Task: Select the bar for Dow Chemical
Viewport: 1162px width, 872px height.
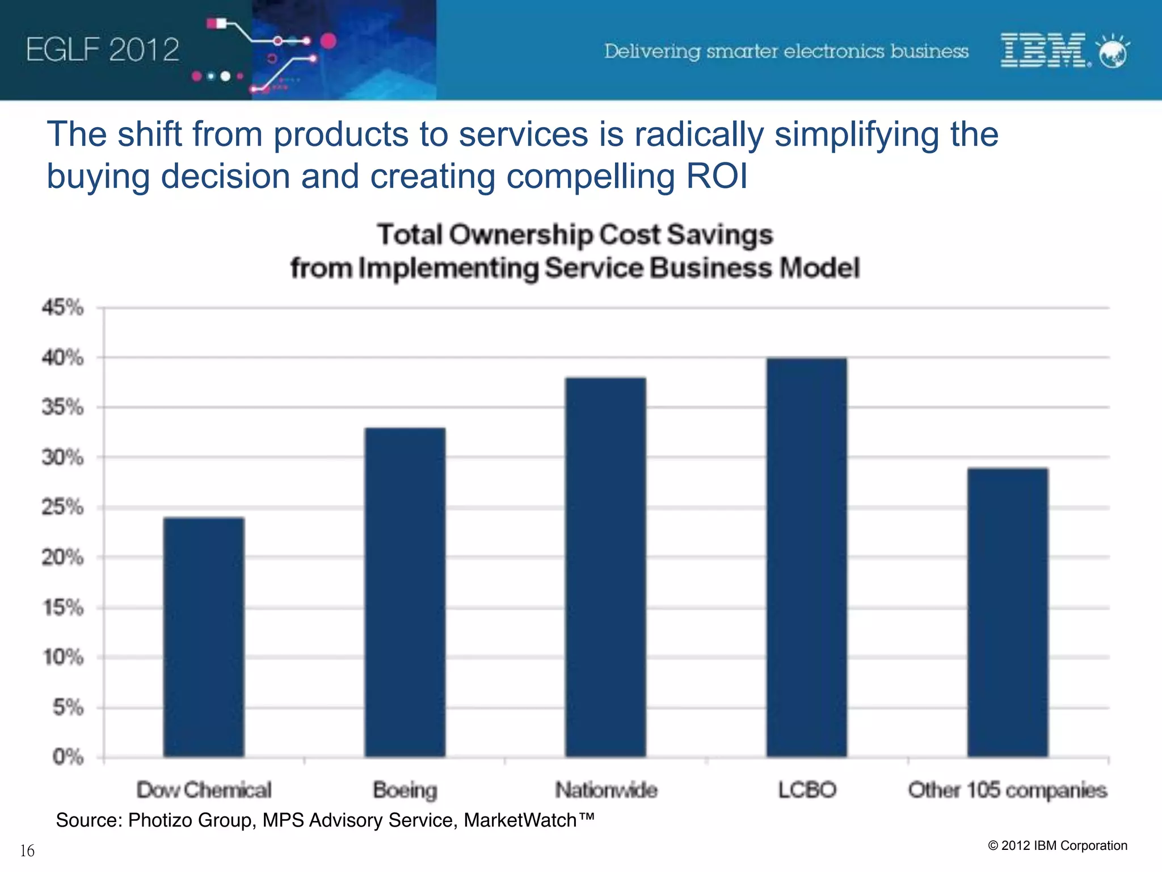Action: pos(204,637)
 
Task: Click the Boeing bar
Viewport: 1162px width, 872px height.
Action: pos(405,592)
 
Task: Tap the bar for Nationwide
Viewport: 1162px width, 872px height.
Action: pos(605,567)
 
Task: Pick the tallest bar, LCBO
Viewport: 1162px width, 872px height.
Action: pos(806,557)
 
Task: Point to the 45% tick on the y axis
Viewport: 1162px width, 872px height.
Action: pos(62,308)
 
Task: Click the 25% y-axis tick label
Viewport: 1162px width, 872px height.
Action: pos(62,507)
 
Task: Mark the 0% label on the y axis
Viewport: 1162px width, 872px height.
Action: pos(68,757)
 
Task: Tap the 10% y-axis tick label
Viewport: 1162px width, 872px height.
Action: pos(63,657)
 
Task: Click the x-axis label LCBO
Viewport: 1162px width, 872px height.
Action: pos(807,790)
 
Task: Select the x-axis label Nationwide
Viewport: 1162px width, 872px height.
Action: pos(606,790)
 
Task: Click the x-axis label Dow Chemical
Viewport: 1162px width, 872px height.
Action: pos(204,790)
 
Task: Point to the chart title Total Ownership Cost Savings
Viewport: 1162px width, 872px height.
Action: pos(575,235)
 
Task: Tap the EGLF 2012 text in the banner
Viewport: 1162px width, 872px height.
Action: pos(103,50)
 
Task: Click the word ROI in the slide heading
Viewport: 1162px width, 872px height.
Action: pos(717,176)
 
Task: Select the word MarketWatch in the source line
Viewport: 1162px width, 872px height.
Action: pos(521,820)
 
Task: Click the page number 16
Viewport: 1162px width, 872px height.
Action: pos(27,850)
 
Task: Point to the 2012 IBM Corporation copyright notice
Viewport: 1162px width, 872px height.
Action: pos(1058,845)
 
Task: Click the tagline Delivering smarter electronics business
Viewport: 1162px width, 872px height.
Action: pos(786,51)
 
